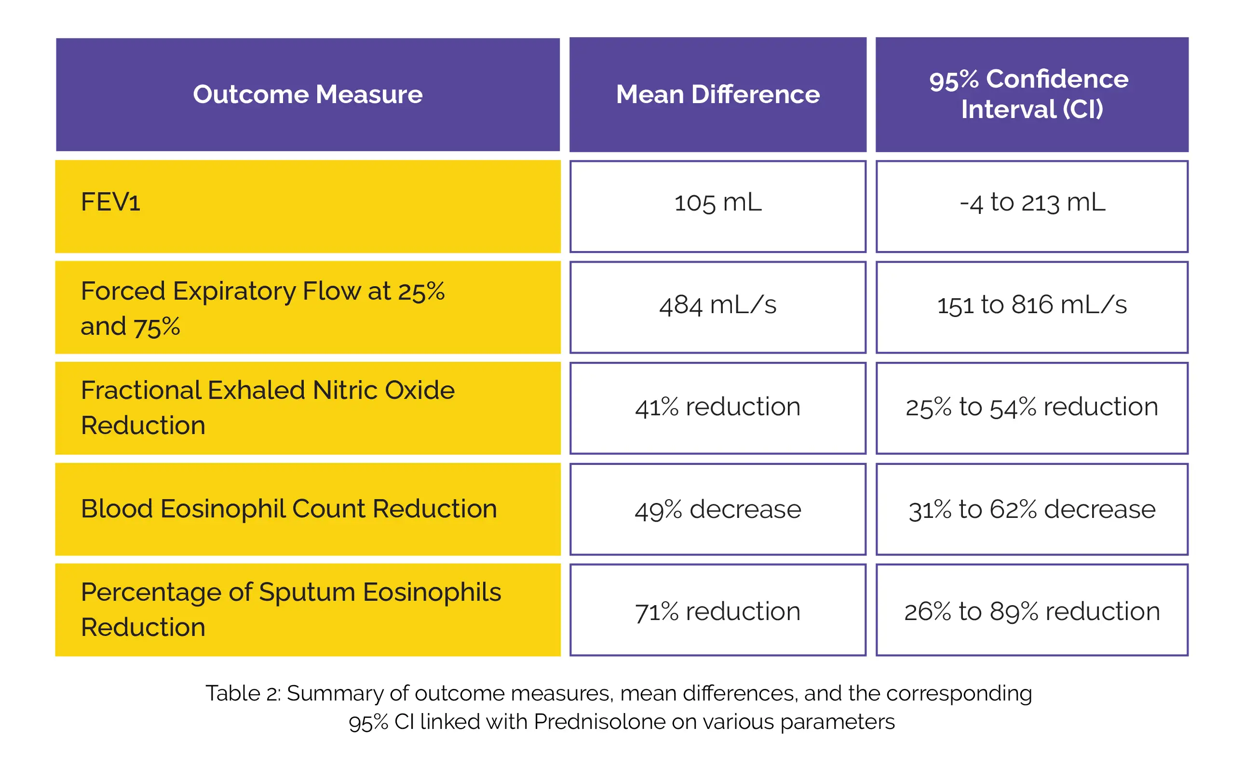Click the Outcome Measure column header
pos(308,94)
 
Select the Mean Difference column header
pos(717,94)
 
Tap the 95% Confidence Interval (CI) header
pos(1031,94)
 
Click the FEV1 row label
pos(111,202)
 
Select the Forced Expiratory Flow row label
pos(262,308)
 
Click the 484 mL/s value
pos(717,305)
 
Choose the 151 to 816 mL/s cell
pos(1032,305)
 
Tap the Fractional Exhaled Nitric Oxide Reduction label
pos(268,408)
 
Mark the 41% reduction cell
pos(717,407)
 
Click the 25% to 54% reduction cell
pos(1032,407)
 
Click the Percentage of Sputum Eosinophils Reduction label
pos(291,609)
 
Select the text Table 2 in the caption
pos(242,693)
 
